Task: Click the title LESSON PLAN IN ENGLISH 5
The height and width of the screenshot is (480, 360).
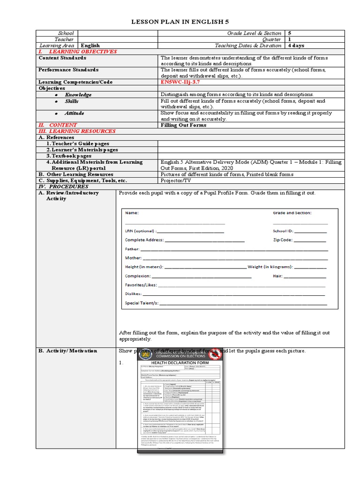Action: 180,22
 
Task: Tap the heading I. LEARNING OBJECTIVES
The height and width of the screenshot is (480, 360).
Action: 77,52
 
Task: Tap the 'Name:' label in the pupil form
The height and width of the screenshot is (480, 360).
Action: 132,213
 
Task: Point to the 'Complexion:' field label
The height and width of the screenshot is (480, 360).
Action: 138,276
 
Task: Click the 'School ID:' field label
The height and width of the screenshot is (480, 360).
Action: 283,231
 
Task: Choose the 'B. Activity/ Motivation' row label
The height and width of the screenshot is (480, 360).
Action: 68,351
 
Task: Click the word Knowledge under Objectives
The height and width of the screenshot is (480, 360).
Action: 78,95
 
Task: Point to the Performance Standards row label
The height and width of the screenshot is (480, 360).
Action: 68,70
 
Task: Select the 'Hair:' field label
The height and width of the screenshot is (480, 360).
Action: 277,276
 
